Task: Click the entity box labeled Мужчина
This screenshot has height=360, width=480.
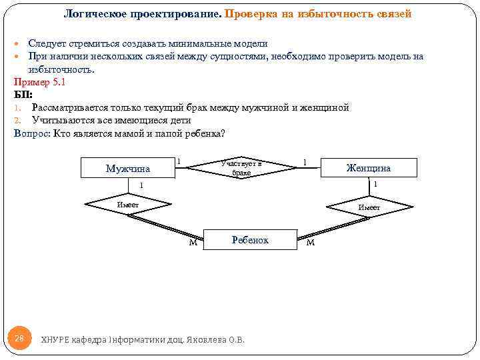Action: pos(127,168)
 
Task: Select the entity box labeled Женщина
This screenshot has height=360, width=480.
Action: pos(369,167)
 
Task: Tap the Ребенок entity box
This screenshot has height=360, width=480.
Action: pos(250,239)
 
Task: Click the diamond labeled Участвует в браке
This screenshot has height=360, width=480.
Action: pos(241,167)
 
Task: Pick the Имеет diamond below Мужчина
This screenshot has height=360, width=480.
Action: pos(127,204)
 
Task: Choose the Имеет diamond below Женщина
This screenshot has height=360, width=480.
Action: pos(369,207)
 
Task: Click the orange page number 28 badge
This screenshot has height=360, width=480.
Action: pos(19,339)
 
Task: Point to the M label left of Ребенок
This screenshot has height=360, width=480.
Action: pos(193,243)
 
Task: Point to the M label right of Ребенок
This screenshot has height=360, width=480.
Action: pos(310,242)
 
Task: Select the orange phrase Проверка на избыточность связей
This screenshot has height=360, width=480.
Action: pos(318,13)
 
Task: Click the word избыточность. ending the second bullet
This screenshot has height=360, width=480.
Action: pos(61,69)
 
